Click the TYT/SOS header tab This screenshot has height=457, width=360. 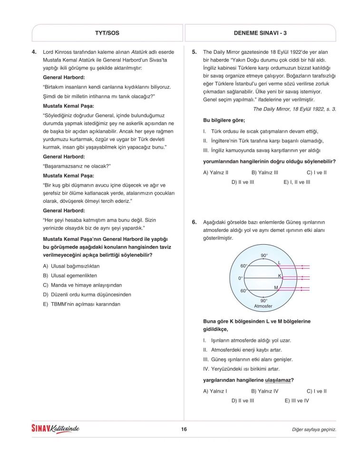point(107,33)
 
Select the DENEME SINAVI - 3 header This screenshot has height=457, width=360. point(260,33)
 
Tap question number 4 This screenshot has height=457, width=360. point(35,52)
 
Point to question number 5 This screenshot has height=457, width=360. point(195,52)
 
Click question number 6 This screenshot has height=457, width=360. point(195,222)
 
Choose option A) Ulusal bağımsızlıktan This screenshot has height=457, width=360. point(71,266)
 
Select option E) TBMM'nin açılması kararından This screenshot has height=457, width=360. point(81,304)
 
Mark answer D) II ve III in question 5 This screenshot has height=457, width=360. point(243,182)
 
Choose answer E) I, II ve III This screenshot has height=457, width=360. point(297,182)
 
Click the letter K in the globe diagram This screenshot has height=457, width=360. point(280,276)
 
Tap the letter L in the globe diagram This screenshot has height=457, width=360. point(279,263)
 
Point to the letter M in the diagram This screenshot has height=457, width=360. point(276,288)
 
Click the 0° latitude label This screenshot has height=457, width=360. point(241,278)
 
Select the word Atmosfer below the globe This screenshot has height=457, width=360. point(263,306)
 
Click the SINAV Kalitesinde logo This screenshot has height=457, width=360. point(55,429)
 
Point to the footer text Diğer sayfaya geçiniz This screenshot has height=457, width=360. point(314,429)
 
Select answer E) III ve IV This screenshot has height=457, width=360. point(297,401)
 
